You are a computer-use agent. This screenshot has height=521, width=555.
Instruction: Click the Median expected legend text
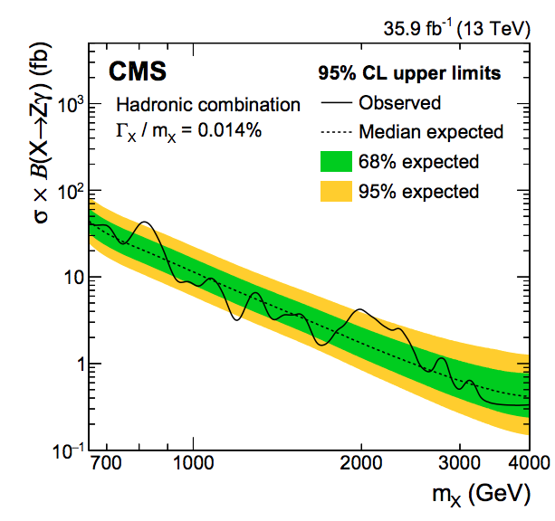430,132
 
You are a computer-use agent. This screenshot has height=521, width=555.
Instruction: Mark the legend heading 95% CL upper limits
409,72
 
